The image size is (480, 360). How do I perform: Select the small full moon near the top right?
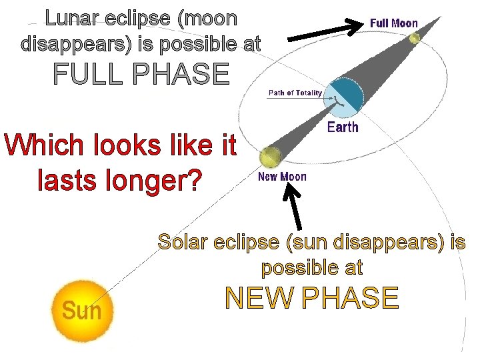coord(415,39)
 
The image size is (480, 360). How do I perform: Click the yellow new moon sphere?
coord(269,157)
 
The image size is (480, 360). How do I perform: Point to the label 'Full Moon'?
coord(394,23)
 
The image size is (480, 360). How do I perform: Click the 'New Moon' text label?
coord(282,177)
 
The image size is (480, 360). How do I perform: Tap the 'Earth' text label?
coord(343,127)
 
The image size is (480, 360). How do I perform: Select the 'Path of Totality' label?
coord(295,93)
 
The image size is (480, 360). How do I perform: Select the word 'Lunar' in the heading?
coord(73,18)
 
